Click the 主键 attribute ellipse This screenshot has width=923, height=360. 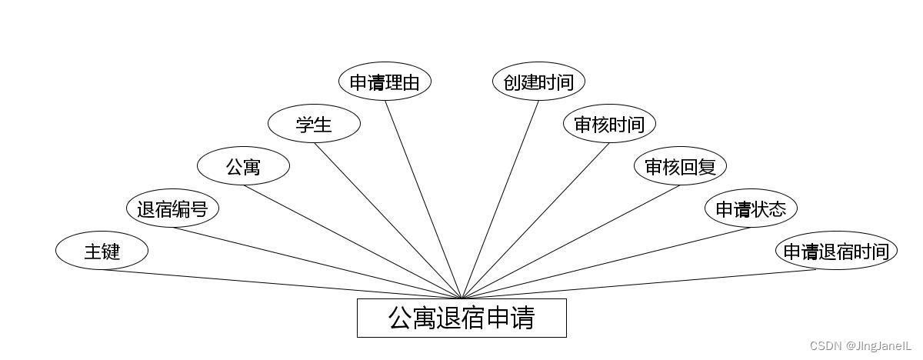102,251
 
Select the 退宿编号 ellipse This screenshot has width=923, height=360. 172,208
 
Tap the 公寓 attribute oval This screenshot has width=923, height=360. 243,166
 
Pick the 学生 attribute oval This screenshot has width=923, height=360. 314,124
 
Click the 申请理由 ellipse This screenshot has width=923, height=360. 385,82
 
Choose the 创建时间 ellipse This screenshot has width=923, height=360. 538,82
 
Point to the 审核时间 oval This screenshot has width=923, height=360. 609,124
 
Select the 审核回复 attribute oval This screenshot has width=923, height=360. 680,166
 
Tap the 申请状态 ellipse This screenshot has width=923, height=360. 751,208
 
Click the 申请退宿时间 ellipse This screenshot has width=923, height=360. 836,251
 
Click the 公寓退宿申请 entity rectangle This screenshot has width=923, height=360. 461,318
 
